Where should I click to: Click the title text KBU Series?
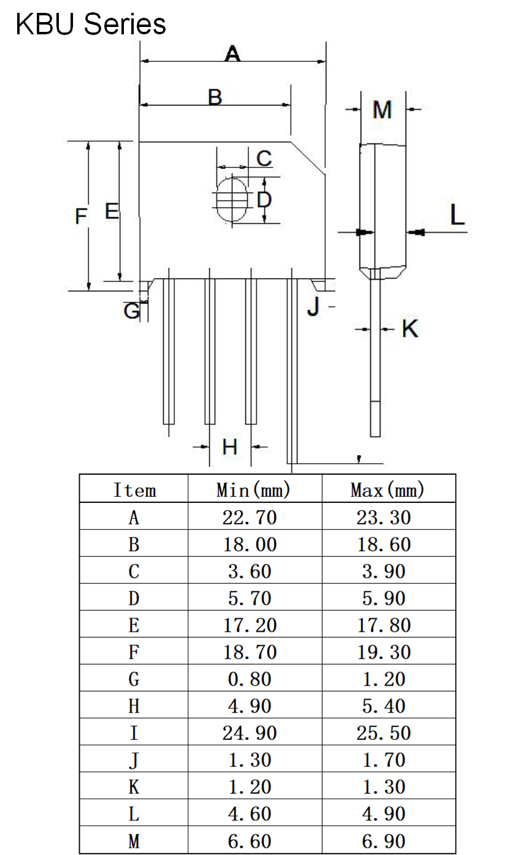tap(91, 25)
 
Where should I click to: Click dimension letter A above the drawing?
tap(232, 54)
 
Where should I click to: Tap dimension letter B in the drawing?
tap(215, 97)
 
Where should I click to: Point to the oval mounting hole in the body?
tap(231, 199)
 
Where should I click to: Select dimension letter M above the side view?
tap(382, 110)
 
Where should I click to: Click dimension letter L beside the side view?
tap(457, 215)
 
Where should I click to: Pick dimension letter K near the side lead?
tap(410, 329)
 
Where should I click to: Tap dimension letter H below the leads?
tap(230, 447)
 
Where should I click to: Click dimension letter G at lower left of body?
tap(131, 311)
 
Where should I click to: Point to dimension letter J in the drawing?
tap(313, 305)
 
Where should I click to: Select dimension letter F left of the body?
tap(81, 216)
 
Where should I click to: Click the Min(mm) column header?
tap(253, 489)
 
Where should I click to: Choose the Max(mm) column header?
tap(388, 489)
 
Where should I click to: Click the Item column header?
tap(134, 490)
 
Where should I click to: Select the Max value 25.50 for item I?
tap(384, 733)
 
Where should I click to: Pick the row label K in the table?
tap(134, 787)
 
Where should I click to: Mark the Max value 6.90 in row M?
tap(384, 841)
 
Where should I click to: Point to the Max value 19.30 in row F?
tap(384, 652)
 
